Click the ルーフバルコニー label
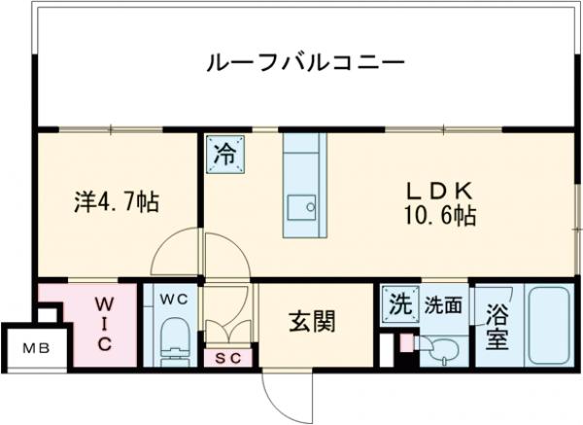click(304, 65)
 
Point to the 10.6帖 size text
click(440, 216)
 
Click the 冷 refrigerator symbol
click(223, 155)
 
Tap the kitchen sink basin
click(301, 205)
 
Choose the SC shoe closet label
click(229, 357)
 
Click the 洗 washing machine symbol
click(397, 303)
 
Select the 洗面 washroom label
click(442, 303)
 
